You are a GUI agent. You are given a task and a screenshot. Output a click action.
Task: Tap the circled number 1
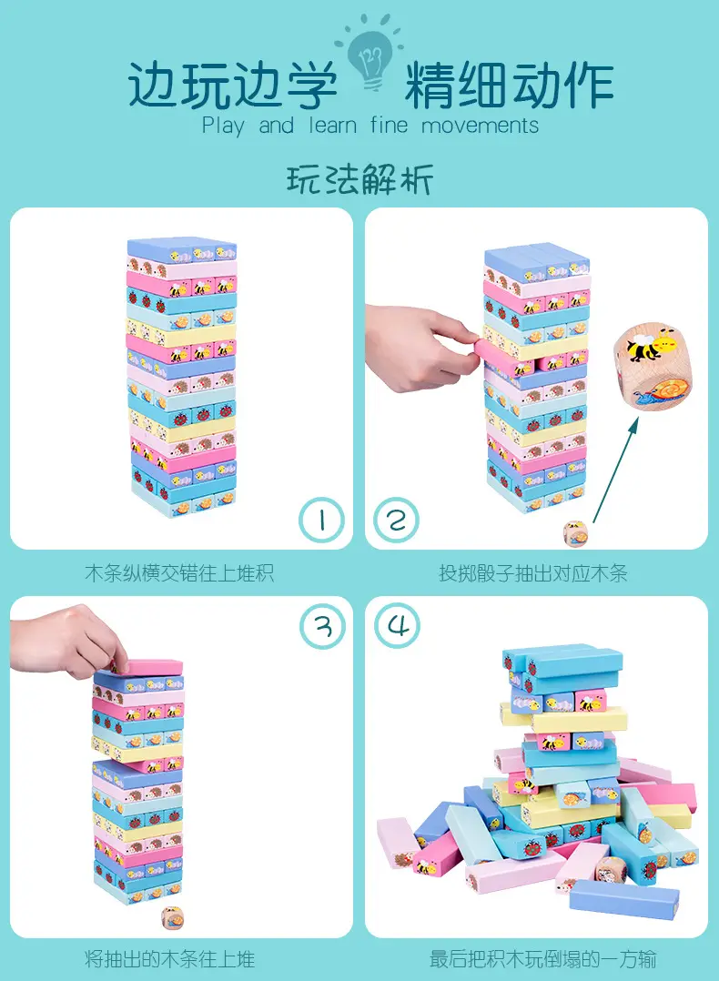[321, 521]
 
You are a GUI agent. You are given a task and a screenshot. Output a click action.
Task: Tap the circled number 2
[396, 521]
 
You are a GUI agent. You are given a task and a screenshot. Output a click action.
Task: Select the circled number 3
[322, 626]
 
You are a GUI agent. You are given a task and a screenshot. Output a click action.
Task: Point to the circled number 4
[398, 626]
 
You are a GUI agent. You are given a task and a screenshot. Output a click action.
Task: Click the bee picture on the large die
[650, 346]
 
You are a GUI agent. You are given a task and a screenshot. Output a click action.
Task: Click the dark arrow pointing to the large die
[615, 470]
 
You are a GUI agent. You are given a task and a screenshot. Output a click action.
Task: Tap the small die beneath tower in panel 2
[575, 533]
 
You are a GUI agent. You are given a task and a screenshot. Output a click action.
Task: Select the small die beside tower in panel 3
[172, 918]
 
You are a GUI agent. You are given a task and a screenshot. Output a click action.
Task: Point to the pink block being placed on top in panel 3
[147, 667]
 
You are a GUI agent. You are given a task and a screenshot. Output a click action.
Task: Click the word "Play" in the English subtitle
[223, 126]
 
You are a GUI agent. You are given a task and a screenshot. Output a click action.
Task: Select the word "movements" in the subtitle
[480, 126]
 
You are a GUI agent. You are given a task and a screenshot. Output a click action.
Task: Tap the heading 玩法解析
[359, 179]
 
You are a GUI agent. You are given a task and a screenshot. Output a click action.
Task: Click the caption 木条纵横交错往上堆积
[179, 573]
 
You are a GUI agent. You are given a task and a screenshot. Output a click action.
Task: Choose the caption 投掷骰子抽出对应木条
[533, 573]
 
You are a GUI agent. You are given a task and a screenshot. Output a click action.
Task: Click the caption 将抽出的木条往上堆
[170, 959]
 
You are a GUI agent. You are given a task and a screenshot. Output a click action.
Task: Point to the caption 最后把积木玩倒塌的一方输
[543, 959]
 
